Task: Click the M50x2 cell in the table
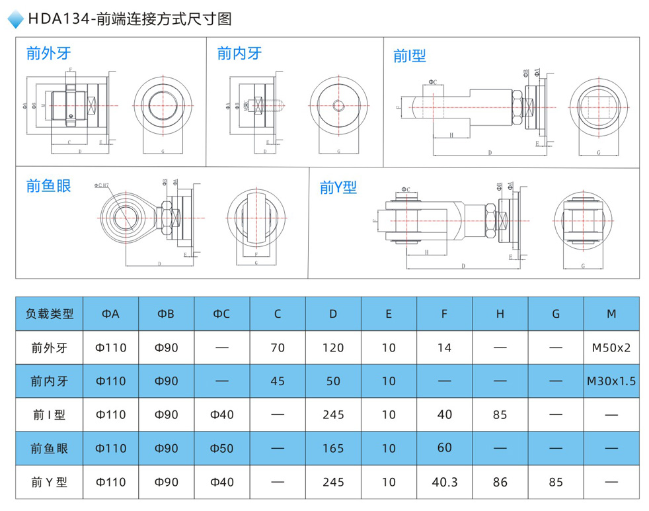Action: [x=611, y=348]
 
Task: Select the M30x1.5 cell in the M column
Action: [x=611, y=381]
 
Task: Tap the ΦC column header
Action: [x=222, y=314]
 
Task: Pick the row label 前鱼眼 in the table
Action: [x=49, y=449]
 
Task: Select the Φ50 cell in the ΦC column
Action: [x=222, y=449]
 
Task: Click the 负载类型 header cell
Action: [x=49, y=314]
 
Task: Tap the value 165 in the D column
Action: [x=333, y=449]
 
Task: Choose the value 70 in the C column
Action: [x=278, y=348]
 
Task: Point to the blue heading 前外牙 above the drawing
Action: [x=48, y=54]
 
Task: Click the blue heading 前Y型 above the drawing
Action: [x=338, y=188]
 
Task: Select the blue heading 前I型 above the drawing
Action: [x=409, y=56]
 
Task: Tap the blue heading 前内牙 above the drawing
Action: [x=239, y=54]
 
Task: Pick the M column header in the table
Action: [x=611, y=314]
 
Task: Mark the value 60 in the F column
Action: [x=444, y=448]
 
